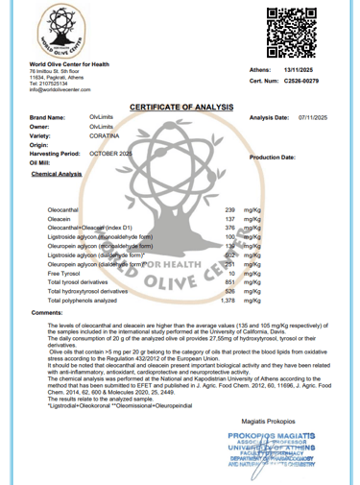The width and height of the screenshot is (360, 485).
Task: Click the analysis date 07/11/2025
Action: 313,116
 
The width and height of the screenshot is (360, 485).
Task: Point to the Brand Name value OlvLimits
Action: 102,116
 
